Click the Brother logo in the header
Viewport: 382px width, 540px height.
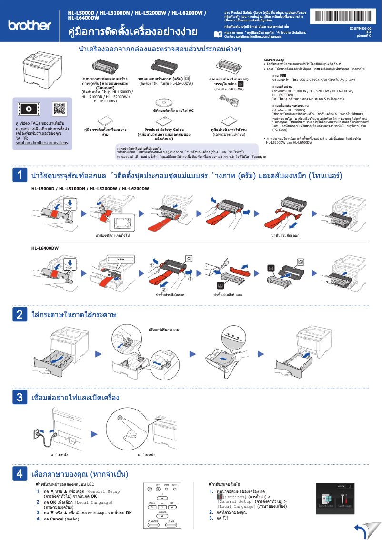[x=29, y=25]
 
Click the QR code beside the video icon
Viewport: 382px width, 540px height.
[x=59, y=109]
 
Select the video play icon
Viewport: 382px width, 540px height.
[x=29, y=109]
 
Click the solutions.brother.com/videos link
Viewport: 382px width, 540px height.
[x=41, y=142]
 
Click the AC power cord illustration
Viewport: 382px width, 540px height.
[x=229, y=99]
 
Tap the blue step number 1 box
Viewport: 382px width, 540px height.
[x=19, y=175]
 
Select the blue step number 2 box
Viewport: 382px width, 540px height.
[x=19, y=314]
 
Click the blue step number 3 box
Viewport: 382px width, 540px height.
[x=19, y=397]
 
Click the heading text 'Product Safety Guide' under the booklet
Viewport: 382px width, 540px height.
[x=164, y=129]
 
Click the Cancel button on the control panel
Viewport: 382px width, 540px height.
[x=153, y=520]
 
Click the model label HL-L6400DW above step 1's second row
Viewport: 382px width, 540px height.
[x=45, y=248]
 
